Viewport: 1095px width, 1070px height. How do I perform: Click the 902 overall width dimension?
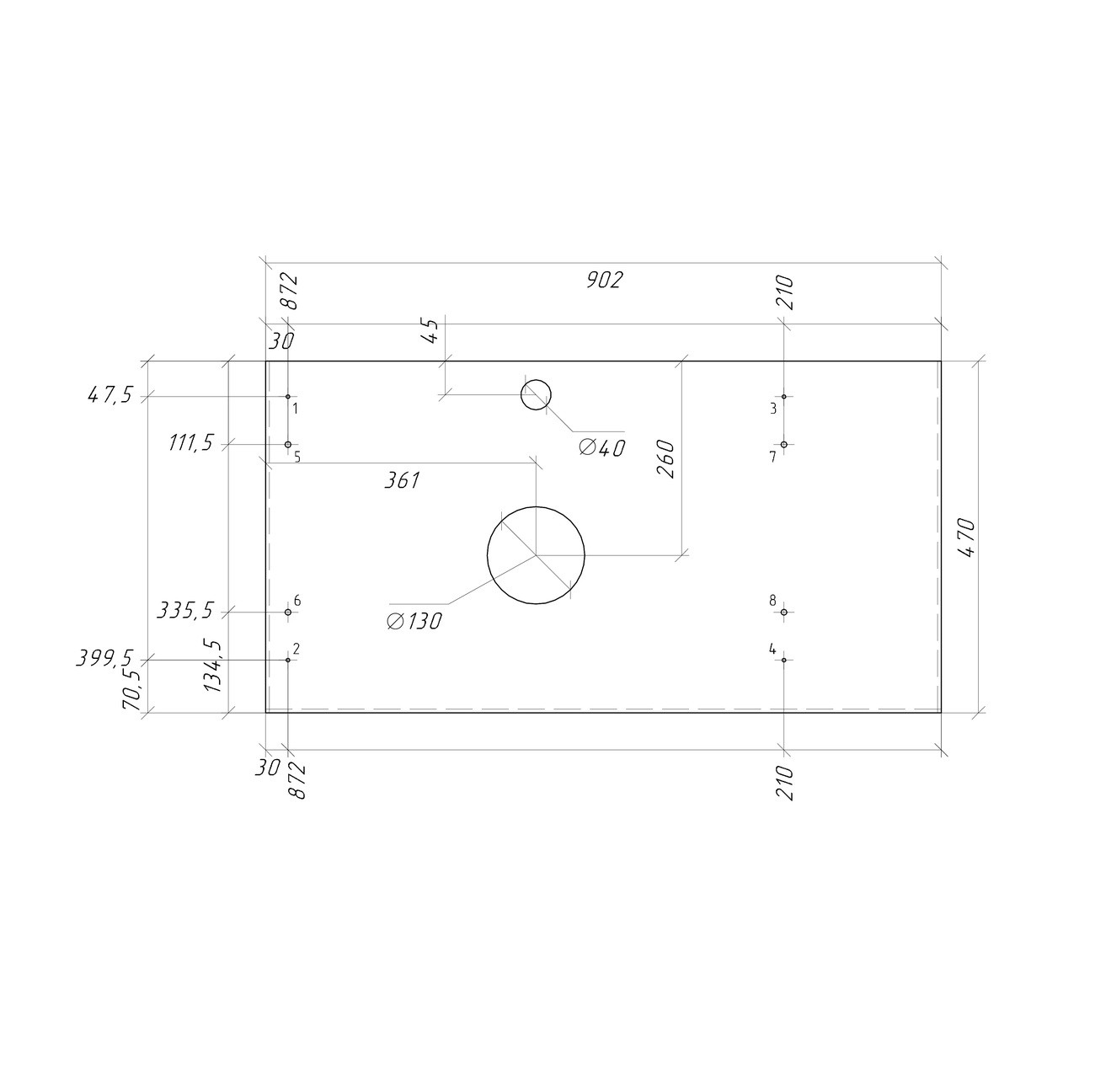[604, 281]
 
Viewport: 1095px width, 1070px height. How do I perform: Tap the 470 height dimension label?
[966, 538]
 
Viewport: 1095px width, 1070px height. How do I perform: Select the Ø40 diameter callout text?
[601, 448]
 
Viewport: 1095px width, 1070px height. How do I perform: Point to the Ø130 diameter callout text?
[414, 622]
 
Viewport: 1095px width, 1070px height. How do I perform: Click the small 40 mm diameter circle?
[536, 380]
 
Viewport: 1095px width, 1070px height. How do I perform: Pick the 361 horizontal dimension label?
[402, 481]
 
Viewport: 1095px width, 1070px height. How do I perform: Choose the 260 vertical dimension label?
[665, 459]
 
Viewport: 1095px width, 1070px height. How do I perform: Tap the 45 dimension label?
[430, 331]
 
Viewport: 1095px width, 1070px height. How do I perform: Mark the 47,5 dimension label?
[109, 396]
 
